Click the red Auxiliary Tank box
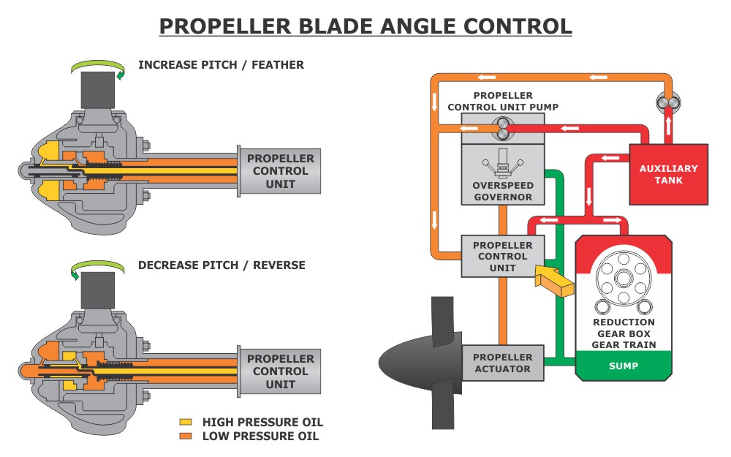tap(668, 174)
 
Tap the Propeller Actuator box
tap(502, 363)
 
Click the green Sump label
tap(623, 366)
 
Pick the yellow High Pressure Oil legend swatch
tap(186, 423)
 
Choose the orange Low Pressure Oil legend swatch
tap(186, 437)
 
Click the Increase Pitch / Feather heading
tap(221, 64)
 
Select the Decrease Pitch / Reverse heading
tap(221, 265)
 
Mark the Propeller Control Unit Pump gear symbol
tap(502, 128)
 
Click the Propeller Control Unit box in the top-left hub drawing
tap(280, 171)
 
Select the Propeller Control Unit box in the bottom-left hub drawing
tap(280, 371)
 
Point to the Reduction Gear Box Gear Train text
tap(624, 333)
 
